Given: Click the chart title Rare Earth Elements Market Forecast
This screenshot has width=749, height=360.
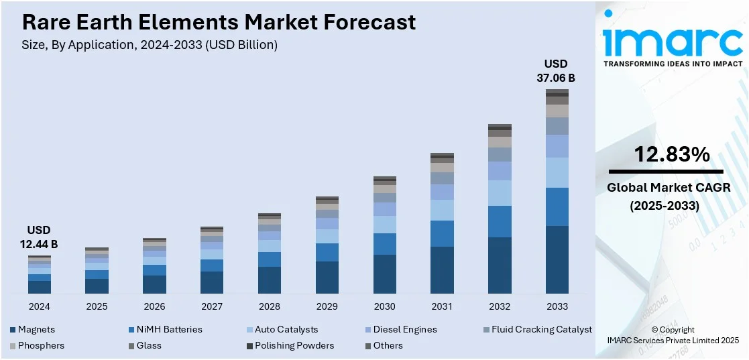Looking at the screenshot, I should (219, 22).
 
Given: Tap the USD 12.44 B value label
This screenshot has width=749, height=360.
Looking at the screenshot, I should (39, 237).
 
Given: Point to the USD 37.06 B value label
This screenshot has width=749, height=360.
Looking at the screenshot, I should (556, 70).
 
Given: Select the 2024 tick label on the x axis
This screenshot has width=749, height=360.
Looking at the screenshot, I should (39, 306).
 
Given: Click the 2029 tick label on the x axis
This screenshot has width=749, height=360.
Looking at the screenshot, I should (327, 306).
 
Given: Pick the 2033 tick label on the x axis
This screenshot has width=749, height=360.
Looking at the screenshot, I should (557, 306).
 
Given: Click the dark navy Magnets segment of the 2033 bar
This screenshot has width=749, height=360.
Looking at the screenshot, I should (557, 259).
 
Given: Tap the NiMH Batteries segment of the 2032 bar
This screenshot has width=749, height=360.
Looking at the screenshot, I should (500, 221).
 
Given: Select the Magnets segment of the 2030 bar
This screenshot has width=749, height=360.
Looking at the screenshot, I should (384, 274).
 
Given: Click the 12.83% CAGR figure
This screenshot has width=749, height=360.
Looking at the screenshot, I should (672, 155).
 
